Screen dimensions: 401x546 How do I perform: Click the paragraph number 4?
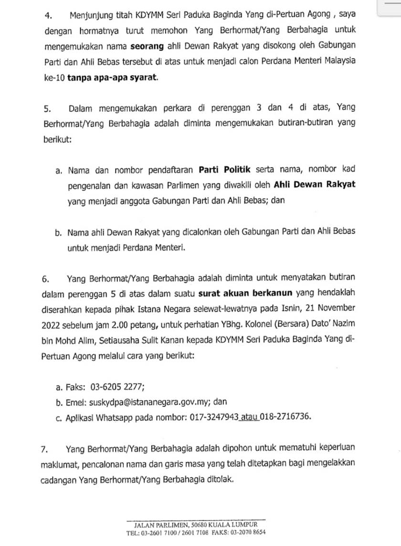(x=48, y=15)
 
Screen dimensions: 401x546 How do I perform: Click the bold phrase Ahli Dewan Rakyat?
(x=315, y=184)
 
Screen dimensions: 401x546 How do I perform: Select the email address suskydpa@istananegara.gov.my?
(x=136, y=402)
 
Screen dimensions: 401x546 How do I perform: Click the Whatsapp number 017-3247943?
(x=212, y=416)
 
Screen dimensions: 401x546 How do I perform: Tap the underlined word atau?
(x=250, y=416)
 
